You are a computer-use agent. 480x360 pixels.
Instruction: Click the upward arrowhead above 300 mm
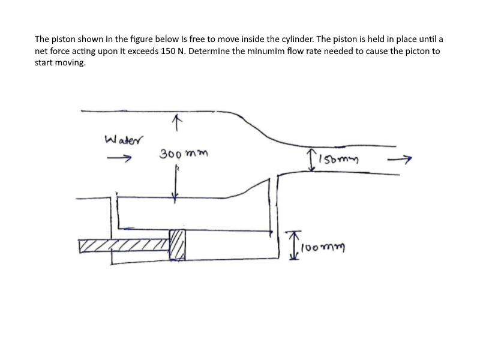(175, 122)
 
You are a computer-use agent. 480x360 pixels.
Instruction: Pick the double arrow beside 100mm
(294, 245)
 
